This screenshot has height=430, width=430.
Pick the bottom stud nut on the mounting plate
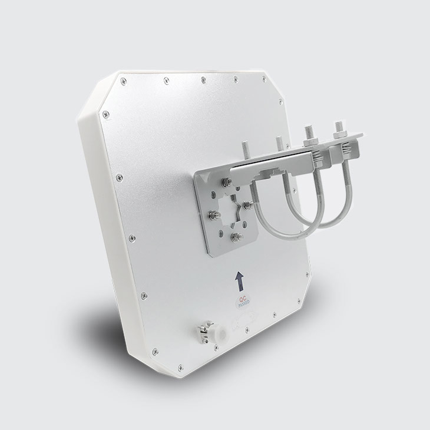pyautogui.click(x=237, y=236)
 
